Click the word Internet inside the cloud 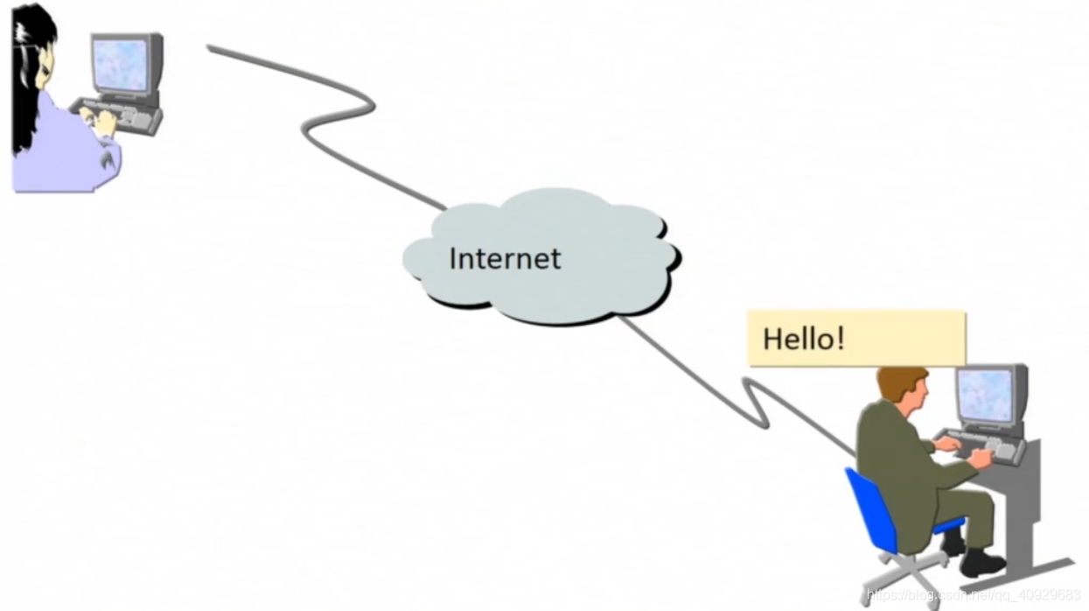[x=504, y=258]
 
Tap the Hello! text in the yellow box [x=804, y=339]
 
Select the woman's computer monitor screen [x=121, y=65]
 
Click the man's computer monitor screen [x=984, y=395]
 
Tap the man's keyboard [x=980, y=446]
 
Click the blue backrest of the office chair [x=866, y=508]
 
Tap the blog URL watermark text [x=971, y=596]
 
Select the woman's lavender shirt [x=61, y=149]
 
